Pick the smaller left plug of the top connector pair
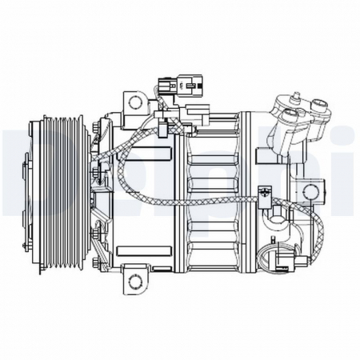tap(166, 82)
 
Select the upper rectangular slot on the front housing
tap(99, 152)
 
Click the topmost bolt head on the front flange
tap(99, 123)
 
